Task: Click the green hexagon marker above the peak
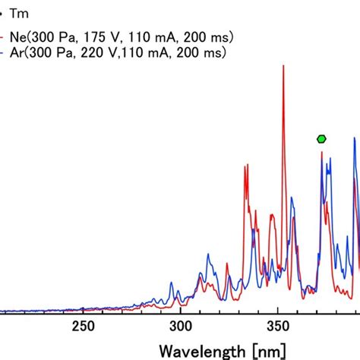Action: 322,138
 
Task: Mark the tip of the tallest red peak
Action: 283,67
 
